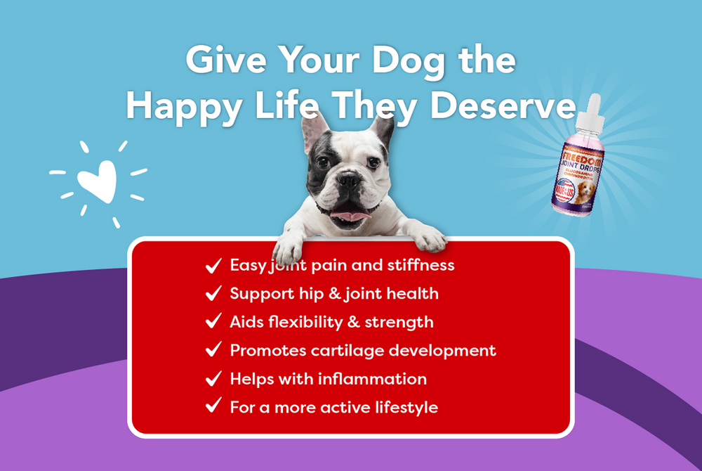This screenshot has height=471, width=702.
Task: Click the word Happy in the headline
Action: (x=192, y=106)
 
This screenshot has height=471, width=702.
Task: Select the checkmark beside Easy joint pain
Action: (x=213, y=266)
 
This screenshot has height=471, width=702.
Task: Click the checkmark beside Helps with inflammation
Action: (x=213, y=379)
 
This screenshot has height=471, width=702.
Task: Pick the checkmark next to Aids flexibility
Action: (x=213, y=322)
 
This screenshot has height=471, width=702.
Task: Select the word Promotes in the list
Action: (x=264, y=350)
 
